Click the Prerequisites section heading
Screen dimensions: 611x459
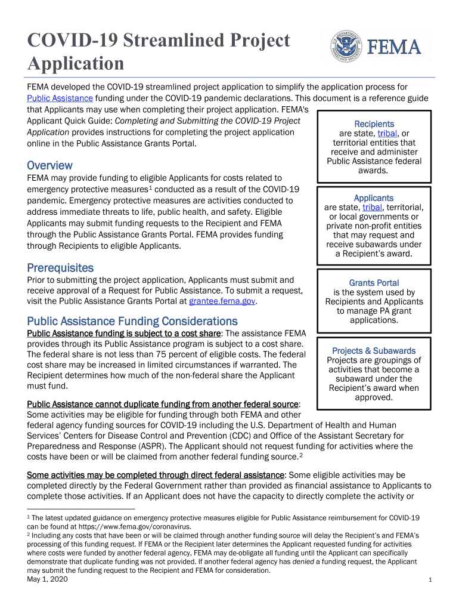point(60,268)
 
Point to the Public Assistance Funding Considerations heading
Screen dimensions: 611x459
point(132,321)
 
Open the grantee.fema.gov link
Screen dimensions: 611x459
point(222,302)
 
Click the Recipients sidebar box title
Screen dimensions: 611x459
point(374,124)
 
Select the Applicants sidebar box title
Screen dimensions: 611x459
point(374,198)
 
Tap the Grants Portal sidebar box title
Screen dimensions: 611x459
point(374,283)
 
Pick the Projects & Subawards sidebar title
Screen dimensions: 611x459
point(374,351)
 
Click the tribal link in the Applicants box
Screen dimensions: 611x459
point(372,207)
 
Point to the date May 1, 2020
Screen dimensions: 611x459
point(48,579)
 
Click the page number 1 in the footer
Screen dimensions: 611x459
point(430,581)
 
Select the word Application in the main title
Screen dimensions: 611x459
point(76,63)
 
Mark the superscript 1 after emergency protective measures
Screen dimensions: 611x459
point(151,187)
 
